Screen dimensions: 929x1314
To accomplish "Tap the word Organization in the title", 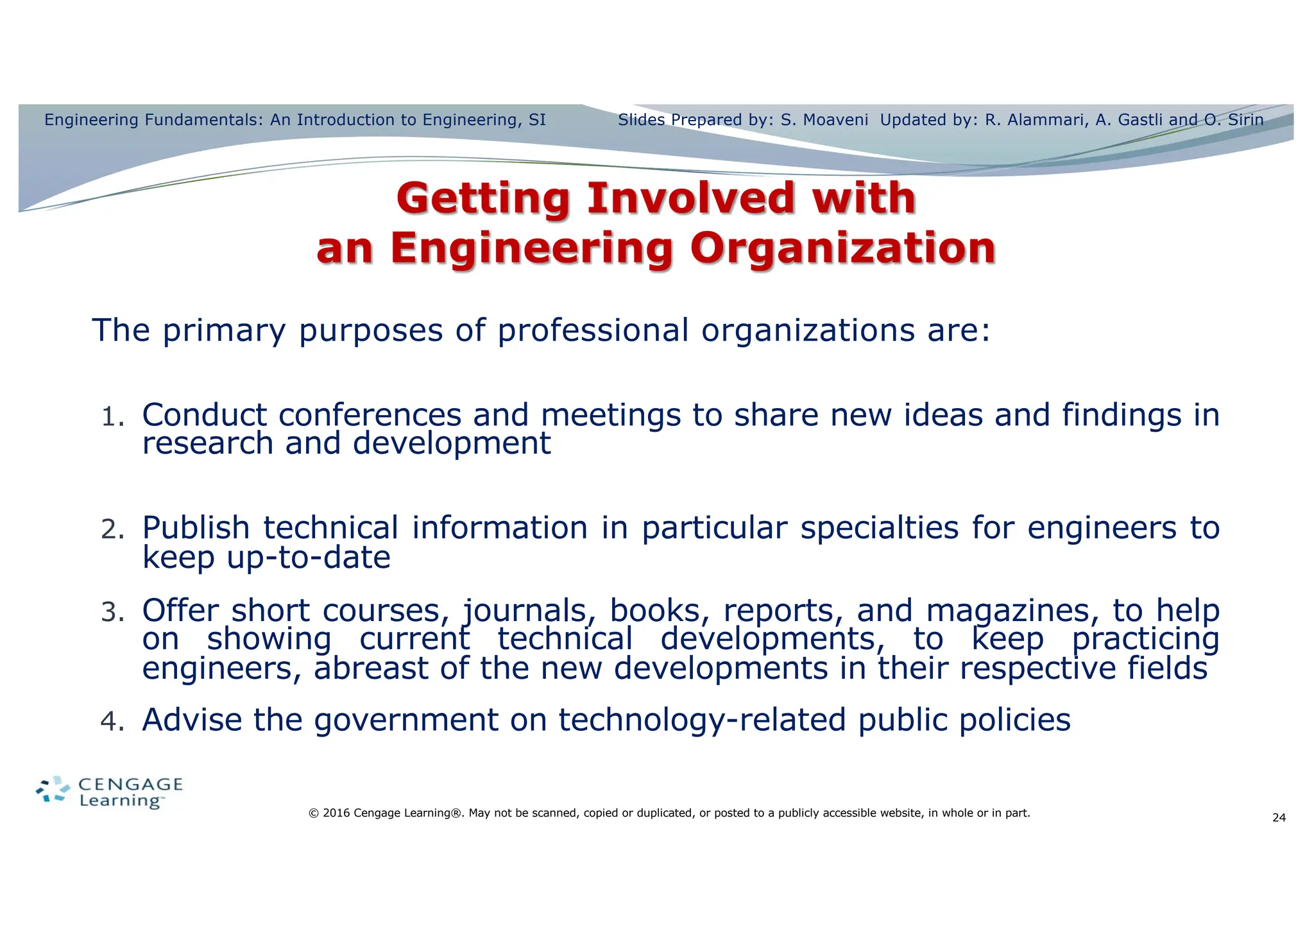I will click(842, 249).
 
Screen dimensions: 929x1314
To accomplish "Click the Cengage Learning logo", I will click(110, 792).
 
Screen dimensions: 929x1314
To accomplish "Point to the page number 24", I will click(1279, 818).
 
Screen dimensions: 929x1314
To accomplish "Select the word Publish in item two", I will click(195, 529).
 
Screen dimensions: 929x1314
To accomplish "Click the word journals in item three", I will click(525, 611).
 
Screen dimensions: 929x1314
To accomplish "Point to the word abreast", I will click(370, 669).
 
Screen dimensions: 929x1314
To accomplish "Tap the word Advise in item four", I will click(192, 720).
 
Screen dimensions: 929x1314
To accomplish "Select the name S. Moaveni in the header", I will click(824, 120).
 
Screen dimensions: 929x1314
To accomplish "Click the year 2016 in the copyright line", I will click(336, 814).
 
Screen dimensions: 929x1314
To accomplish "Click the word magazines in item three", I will click(1008, 611).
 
